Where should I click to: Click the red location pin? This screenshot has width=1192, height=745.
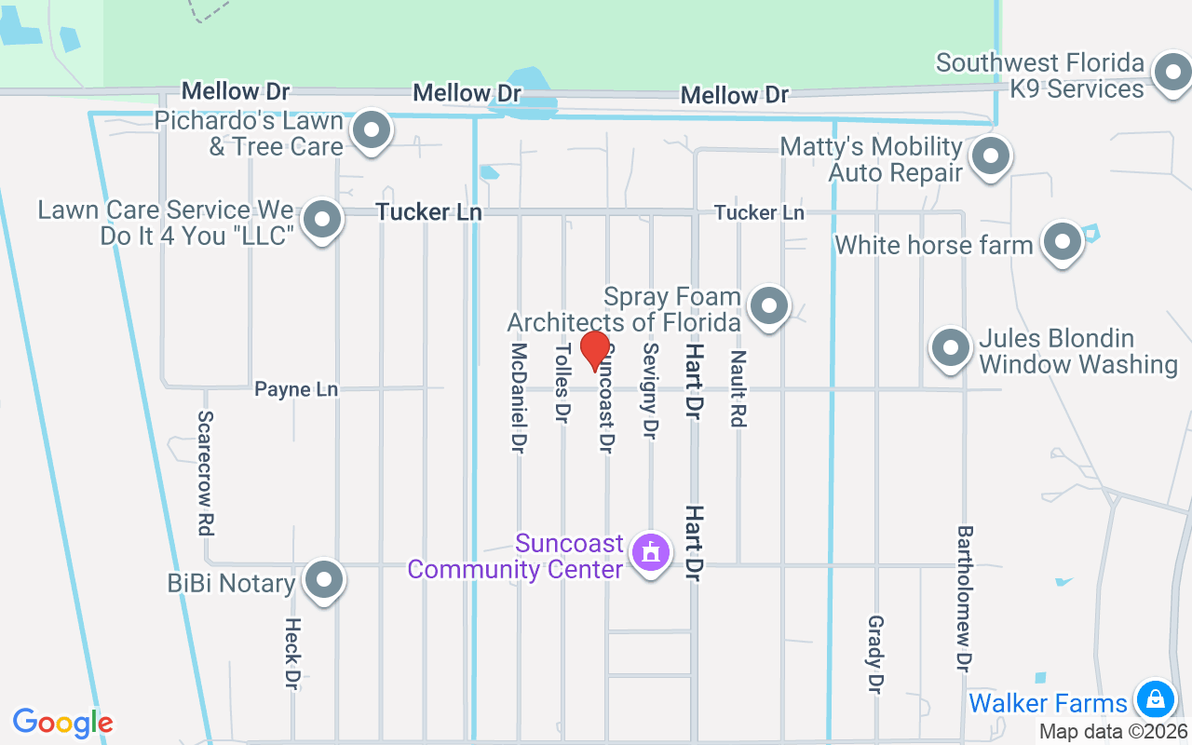click(594, 351)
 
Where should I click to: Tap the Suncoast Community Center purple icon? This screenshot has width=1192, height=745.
click(650, 552)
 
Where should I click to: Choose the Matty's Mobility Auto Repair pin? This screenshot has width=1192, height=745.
click(990, 156)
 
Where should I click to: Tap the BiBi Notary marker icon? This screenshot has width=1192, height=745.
click(324, 580)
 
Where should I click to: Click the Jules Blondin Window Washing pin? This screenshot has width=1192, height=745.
click(951, 348)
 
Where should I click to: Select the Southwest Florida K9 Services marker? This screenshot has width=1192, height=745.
click(1171, 73)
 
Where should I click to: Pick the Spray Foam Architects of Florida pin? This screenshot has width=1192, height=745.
click(769, 305)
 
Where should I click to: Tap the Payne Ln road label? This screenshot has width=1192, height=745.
click(296, 389)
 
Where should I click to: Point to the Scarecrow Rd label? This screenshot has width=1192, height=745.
click(206, 473)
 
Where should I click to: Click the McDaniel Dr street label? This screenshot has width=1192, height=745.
click(519, 398)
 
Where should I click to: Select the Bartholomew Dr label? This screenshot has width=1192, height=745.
click(965, 598)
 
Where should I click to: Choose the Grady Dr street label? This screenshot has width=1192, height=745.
click(874, 654)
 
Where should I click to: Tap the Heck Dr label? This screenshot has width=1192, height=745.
click(292, 654)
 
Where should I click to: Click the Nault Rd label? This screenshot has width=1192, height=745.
click(738, 388)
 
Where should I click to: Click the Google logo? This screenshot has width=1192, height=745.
click(63, 723)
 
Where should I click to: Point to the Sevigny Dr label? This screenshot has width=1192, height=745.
click(650, 390)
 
